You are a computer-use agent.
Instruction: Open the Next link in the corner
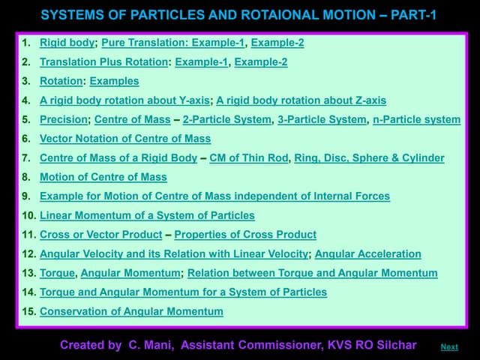click(x=449, y=347)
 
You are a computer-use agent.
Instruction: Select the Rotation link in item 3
click(x=61, y=81)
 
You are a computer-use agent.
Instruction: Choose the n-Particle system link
click(x=416, y=119)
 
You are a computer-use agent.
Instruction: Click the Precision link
click(x=64, y=119)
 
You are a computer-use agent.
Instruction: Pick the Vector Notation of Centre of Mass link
click(x=125, y=139)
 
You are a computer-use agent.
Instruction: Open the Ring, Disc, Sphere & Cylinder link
click(x=369, y=158)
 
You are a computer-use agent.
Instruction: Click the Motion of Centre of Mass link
click(x=103, y=177)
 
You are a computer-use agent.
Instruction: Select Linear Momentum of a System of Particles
click(x=147, y=216)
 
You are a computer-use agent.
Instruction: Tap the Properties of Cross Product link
click(x=245, y=235)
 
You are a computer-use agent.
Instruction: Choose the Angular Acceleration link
click(x=368, y=254)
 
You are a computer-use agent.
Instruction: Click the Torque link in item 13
click(x=57, y=273)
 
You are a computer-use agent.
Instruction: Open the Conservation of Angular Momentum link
click(x=131, y=311)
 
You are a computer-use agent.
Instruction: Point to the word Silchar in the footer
click(x=394, y=345)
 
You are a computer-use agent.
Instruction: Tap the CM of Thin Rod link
click(x=248, y=158)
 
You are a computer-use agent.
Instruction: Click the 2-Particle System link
click(x=227, y=119)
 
